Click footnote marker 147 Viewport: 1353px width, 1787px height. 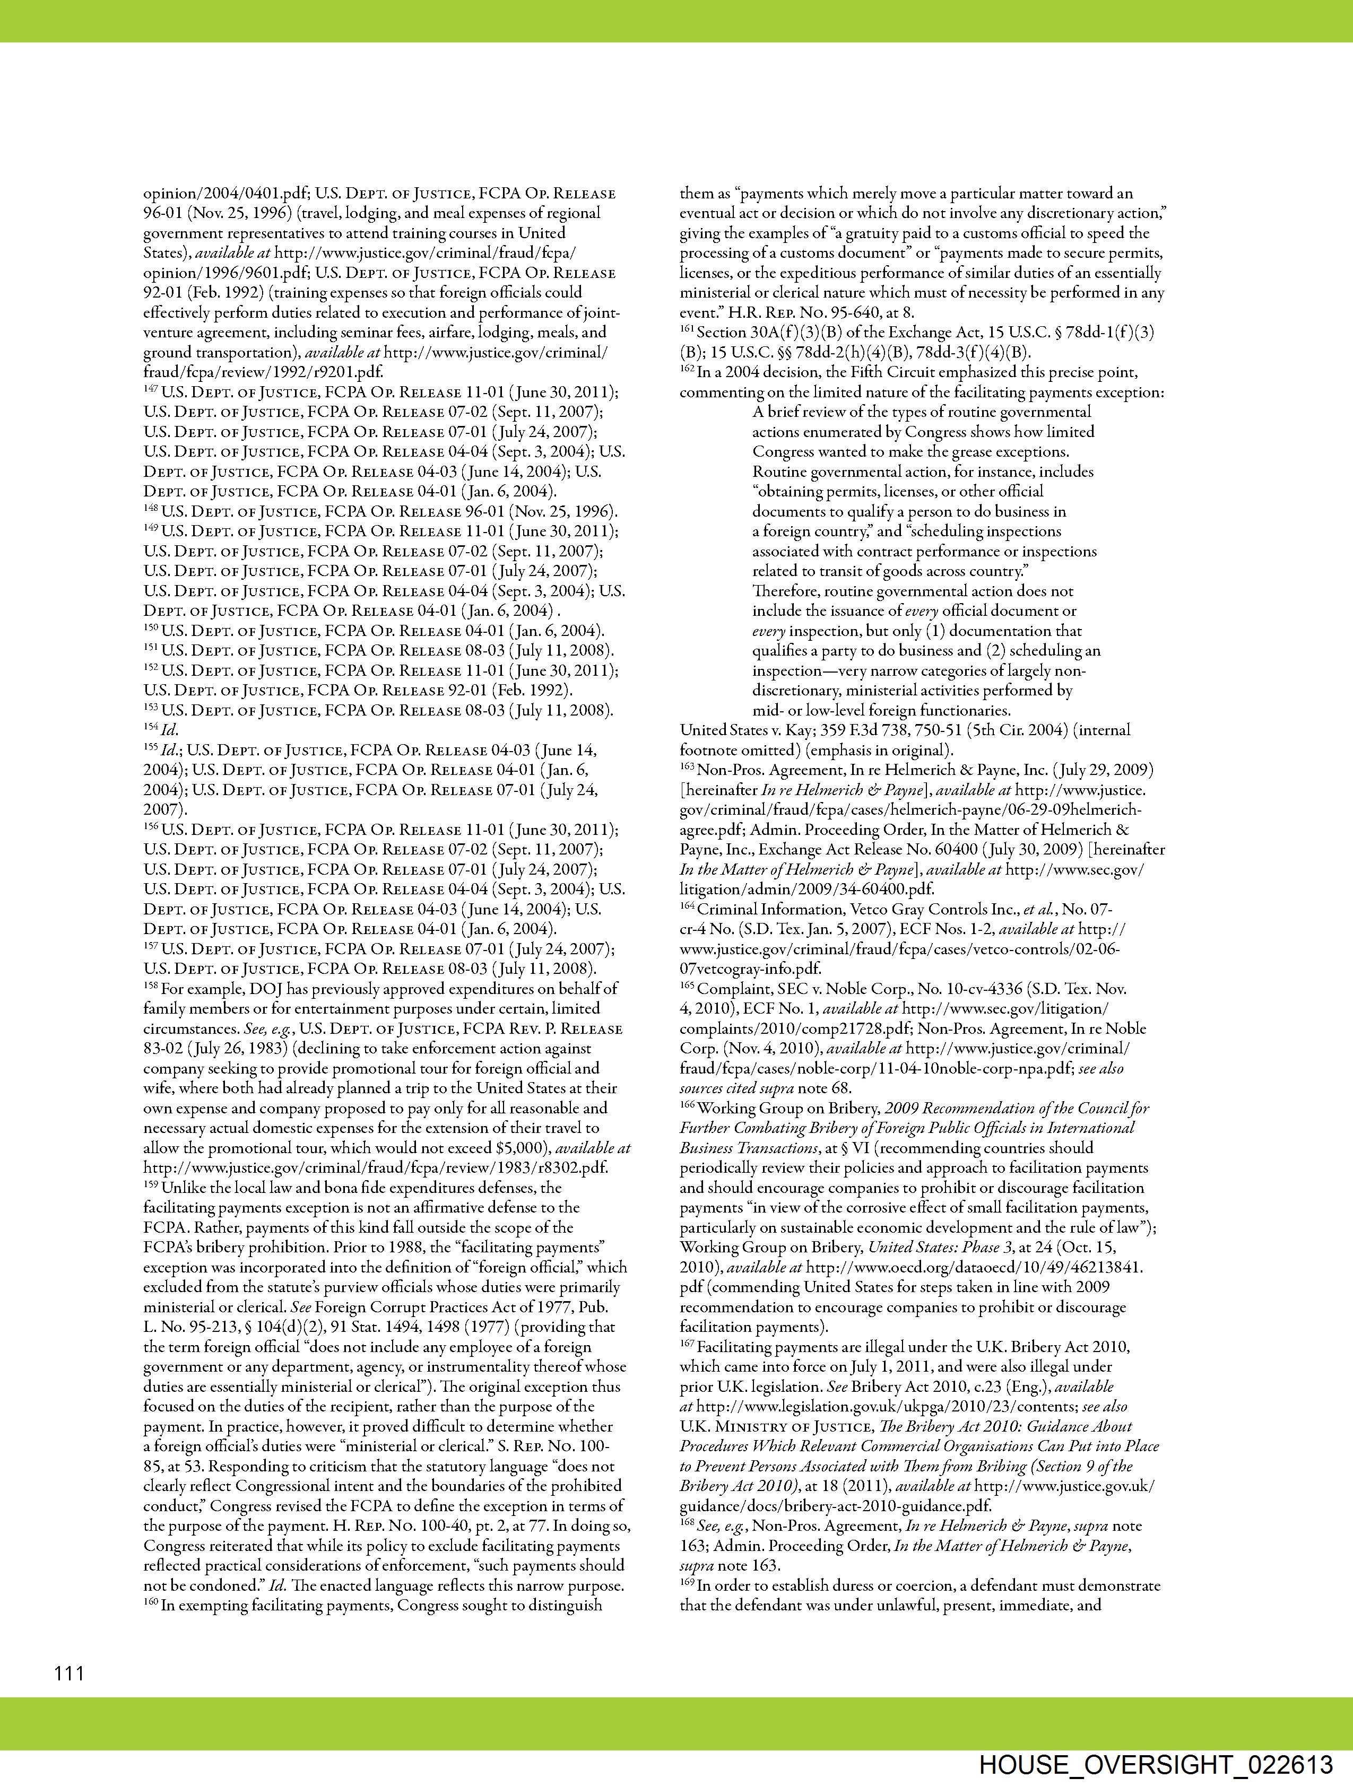(151, 390)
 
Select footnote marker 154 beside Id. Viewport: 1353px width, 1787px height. (151, 728)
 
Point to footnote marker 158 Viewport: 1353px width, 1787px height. (151, 987)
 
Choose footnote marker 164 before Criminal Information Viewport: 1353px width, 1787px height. (687, 907)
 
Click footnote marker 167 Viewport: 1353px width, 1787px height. (687, 1345)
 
